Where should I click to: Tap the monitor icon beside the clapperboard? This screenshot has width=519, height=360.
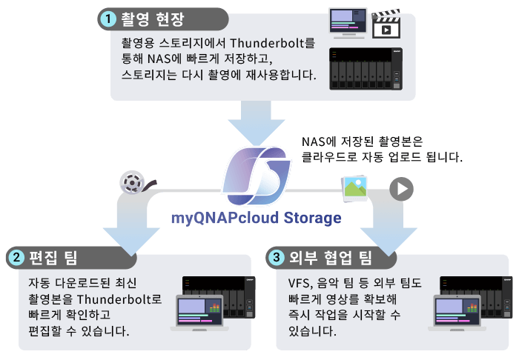click(348, 23)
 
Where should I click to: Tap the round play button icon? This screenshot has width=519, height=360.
click(402, 188)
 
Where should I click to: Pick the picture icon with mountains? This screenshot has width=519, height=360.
click(354, 188)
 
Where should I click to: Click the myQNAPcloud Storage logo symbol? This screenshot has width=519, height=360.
click(254, 179)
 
